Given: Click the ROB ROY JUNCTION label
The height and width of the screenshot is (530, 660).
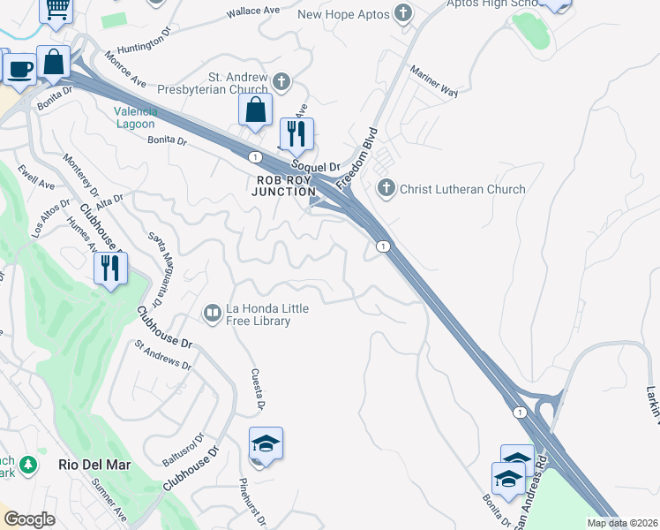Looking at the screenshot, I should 285,185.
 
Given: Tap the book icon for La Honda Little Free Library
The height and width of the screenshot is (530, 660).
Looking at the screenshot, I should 212,313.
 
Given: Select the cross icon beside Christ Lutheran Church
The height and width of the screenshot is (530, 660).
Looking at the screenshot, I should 386,188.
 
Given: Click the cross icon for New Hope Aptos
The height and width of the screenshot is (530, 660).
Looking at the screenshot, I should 404,13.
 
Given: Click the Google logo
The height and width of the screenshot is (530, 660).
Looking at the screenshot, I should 30,519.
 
